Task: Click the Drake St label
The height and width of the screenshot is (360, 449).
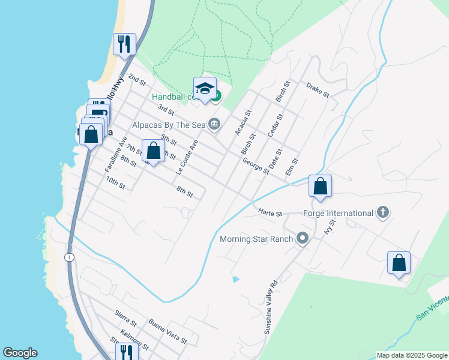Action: click(x=318, y=90)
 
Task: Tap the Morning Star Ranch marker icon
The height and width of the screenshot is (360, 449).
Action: click(x=303, y=239)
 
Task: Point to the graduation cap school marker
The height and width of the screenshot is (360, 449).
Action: click(x=205, y=88)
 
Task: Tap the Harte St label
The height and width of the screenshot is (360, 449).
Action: click(x=271, y=211)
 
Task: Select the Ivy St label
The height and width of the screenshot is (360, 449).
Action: click(x=329, y=229)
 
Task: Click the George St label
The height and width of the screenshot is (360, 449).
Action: click(x=256, y=165)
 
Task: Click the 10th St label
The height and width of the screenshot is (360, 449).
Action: click(x=115, y=182)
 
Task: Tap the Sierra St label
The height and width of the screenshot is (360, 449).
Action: click(x=126, y=316)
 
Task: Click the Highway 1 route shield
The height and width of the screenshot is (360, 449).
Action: click(x=70, y=257)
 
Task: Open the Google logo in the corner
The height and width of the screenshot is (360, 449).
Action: click(x=20, y=353)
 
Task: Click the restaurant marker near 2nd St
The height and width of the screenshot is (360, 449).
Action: click(x=124, y=44)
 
